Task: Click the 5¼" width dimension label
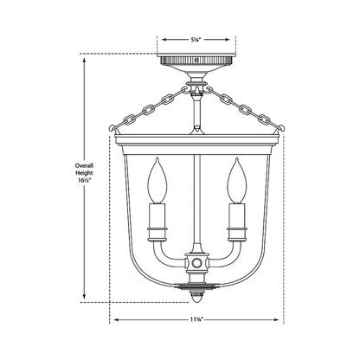point(197,38)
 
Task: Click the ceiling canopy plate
point(197,64)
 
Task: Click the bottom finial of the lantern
point(197,295)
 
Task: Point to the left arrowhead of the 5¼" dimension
point(159,38)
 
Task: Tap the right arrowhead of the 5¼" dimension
point(235,38)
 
